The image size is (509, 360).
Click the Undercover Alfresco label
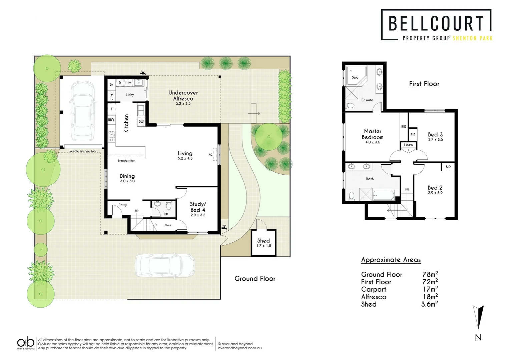pyautogui.click(x=183, y=96)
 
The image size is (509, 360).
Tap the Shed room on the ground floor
pyautogui.click(x=264, y=243)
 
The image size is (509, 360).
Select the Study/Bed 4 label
pyautogui.click(x=198, y=207)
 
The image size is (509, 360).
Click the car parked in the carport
pyautogui.click(x=82, y=111)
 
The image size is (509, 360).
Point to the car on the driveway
pyautogui.click(x=165, y=266)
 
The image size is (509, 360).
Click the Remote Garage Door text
pyautogui.click(x=83, y=151)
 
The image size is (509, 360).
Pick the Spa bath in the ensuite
pyautogui.click(x=355, y=77)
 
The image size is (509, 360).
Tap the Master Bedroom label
pyautogui.click(x=373, y=134)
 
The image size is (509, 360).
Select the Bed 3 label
pyautogui.click(x=435, y=135)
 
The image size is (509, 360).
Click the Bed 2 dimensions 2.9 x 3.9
pyautogui.click(x=435, y=193)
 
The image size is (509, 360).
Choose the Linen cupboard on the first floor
pyautogui.click(x=408, y=145)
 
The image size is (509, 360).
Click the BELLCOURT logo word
pyautogui.click(x=436, y=23)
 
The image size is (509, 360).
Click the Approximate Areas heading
pyautogui.click(x=391, y=260)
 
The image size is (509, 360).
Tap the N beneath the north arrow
pyautogui.click(x=478, y=337)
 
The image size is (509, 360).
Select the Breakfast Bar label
pyautogui.click(x=126, y=161)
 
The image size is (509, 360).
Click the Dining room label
pyautogui.click(x=127, y=176)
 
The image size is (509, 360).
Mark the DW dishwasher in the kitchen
pyautogui.click(x=141, y=122)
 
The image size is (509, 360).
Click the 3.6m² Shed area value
pyautogui.click(x=429, y=304)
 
